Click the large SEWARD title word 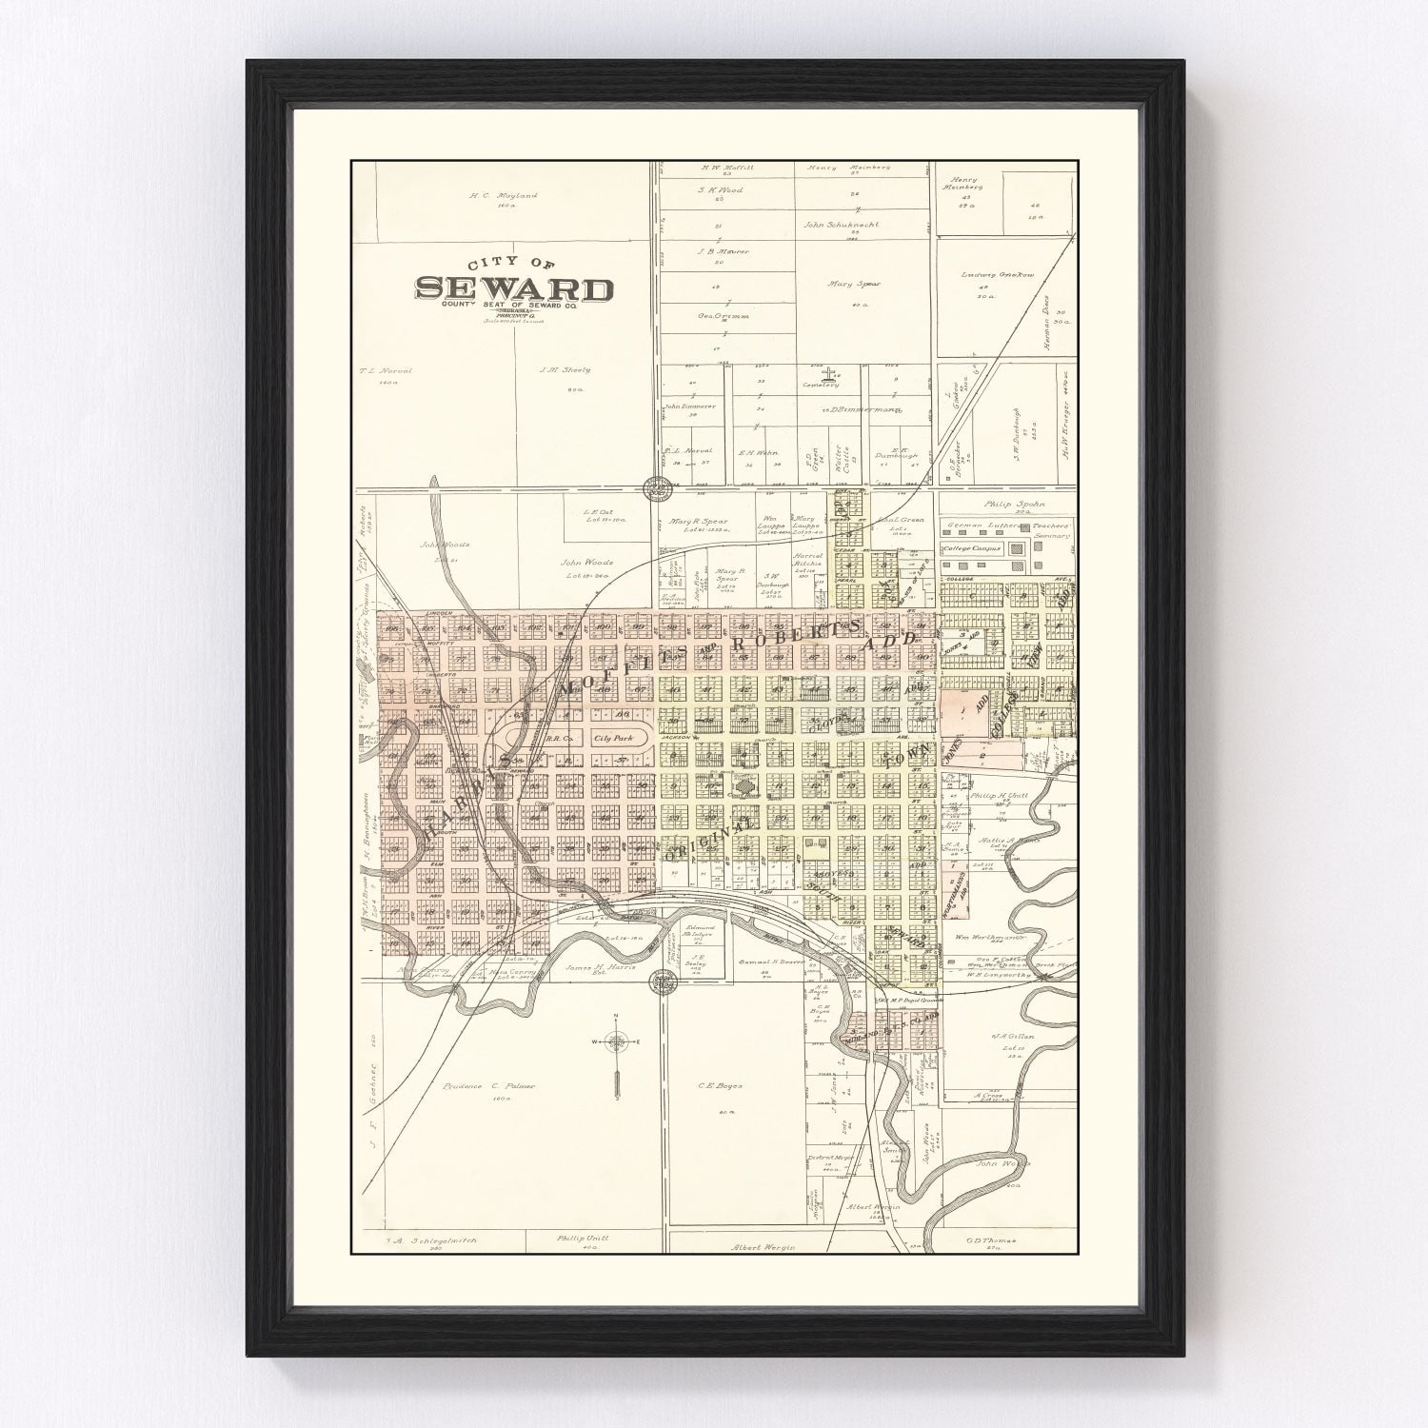[513, 288]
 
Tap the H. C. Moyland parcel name [503, 196]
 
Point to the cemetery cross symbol [827, 372]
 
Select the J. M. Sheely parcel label [565, 369]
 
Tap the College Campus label [975, 549]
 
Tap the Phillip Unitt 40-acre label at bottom [583, 1239]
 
